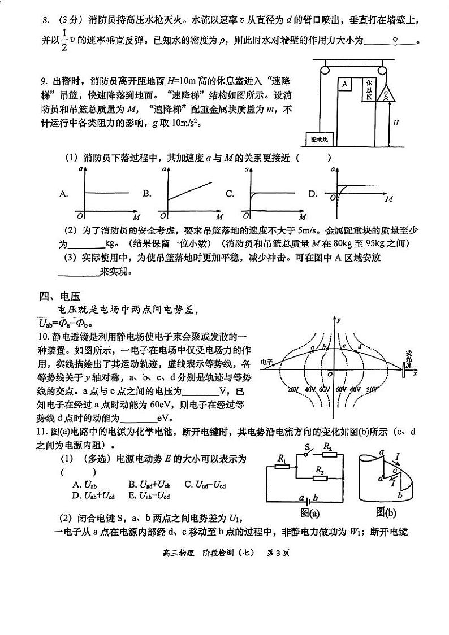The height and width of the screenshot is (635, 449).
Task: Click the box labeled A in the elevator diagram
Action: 344,84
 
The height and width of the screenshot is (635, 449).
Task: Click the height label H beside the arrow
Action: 396,122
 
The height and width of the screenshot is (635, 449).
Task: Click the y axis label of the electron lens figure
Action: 338,320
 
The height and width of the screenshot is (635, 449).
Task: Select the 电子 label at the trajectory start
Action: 266,362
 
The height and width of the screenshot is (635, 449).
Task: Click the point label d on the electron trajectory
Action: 360,346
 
